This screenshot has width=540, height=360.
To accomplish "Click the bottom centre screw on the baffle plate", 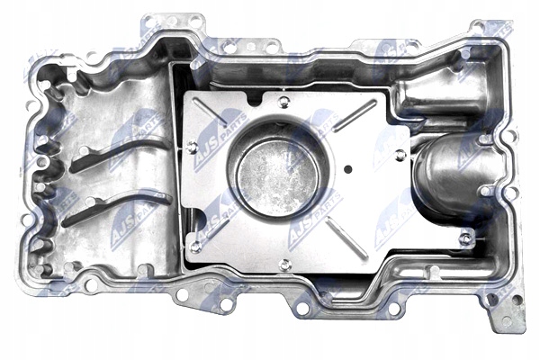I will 284,264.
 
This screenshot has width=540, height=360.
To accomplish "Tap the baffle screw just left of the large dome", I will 400,156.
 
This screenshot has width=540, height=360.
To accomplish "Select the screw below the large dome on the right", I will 464,238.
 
